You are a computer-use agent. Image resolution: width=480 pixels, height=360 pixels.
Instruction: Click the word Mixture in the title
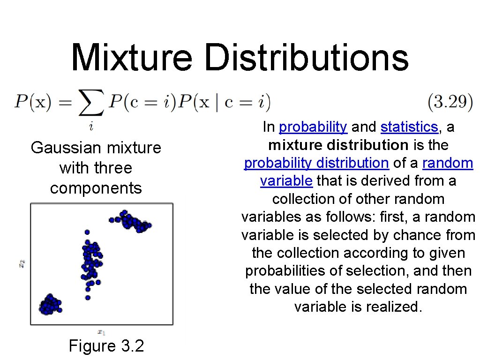[132, 58]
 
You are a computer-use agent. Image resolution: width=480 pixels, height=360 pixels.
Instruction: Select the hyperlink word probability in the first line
[313, 127]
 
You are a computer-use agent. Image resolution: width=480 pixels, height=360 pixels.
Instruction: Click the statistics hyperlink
[409, 127]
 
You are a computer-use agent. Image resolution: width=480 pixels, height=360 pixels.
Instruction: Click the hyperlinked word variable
[286, 181]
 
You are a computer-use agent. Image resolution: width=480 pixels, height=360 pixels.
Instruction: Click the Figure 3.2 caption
[106, 346]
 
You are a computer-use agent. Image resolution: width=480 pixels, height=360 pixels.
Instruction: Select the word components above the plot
[96, 188]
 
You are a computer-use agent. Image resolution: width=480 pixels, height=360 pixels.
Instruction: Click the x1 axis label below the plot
[101, 332]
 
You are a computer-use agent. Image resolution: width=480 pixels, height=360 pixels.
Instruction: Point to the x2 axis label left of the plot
[22, 264]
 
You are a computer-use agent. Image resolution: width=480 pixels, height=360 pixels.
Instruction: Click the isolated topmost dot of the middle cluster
[87, 232]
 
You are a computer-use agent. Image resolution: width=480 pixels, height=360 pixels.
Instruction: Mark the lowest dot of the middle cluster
[88, 297]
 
